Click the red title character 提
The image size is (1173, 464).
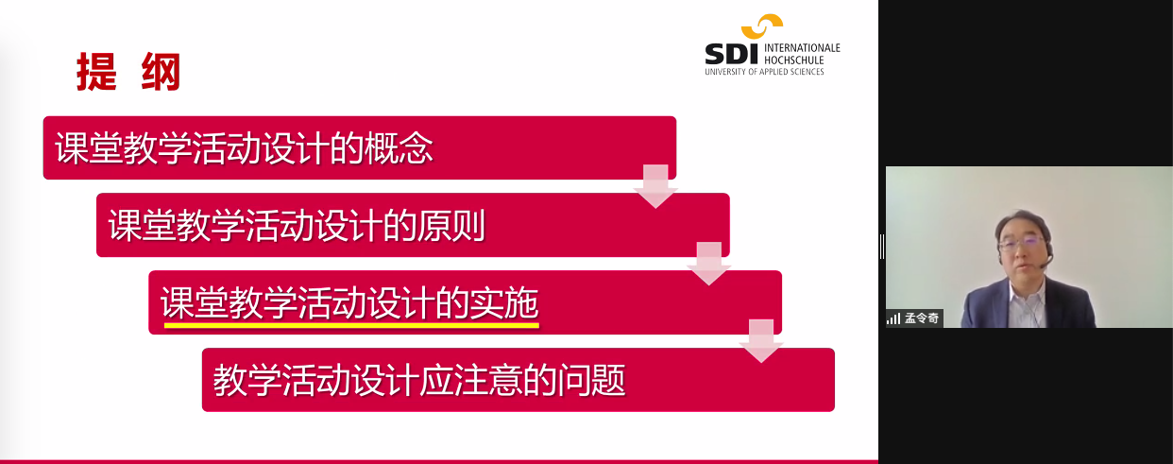click(x=96, y=72)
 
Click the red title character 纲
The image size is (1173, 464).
click(x=161, y=72)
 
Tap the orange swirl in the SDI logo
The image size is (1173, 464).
click(x=762, y=26)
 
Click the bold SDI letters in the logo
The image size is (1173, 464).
click(x=732, y=54)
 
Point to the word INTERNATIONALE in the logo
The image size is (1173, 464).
click(x=802, y=47)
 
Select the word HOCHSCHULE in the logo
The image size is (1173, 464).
click(x=794, y=60)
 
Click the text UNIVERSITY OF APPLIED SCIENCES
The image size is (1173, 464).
click(x=765, y=72)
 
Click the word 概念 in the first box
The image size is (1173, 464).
click(x=399, y=148)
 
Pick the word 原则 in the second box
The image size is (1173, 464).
click(x=451, y=226)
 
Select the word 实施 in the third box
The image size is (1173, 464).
click(x=503, y=303)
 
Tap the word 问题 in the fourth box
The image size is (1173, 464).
click(x=591, y=380)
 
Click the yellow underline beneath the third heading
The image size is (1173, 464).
click(x=351, y=325)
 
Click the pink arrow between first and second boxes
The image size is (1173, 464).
click(x=655, y=186)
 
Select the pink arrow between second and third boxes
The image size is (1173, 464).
click(x=709, y=264)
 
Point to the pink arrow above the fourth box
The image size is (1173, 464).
click(x=761, y=341)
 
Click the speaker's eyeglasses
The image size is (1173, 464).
click(x=1021, y=243)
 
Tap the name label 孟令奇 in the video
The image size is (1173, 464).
click(x=922, y=318)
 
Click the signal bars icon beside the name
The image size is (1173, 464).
click(x=893, y=318)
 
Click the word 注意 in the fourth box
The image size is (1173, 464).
click(x=488, y=380)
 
